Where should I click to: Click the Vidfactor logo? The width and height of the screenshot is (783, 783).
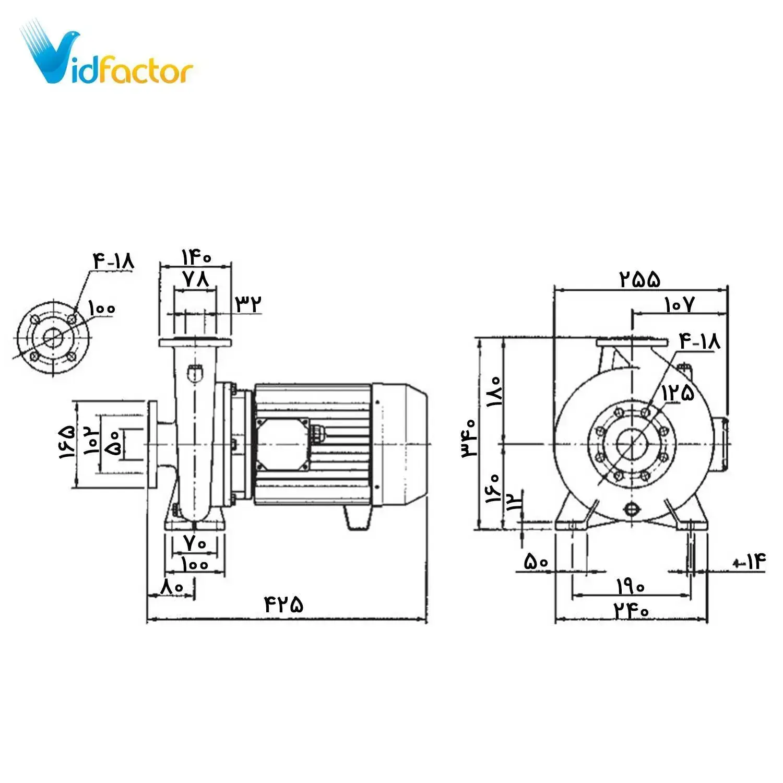pyautogui.click(x=107, y=58)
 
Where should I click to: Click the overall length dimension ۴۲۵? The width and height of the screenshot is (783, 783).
pyautogui.click(x=284, y=604)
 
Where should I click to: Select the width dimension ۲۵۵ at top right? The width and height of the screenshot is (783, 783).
pyautogui.click(x=640, y=279)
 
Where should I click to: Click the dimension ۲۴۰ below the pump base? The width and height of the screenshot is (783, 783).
pyautogui.click(x=631, y=610)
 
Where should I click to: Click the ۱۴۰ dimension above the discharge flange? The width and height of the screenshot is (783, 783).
pyautogui.click(x=196, y=257)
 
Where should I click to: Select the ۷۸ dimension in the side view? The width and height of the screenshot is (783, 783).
pyautogui.click(x=196, y=279)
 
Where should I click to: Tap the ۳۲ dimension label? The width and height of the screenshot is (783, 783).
pyautogui.click(x=248, y=303)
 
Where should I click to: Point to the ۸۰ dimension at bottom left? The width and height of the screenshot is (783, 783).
pyautogui.click(x=173, y=586)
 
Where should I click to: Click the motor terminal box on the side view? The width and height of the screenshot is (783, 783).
pyautogui.click(x=282, y=444)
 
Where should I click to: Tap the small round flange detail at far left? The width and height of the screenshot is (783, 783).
pyautogui.click(x=53, y=337)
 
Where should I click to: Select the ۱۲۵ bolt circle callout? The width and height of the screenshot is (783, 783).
pyautogui.click(x=679, y=393)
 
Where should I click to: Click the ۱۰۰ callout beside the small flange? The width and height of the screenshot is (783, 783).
pyautogui.click(x=101, y=308)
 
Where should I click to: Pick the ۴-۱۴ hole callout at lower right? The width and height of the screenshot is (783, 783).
pyautogui.click(x=750, y=562)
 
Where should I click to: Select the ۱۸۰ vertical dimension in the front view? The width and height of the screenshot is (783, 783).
pyautogui.click(x=494, y=391)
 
